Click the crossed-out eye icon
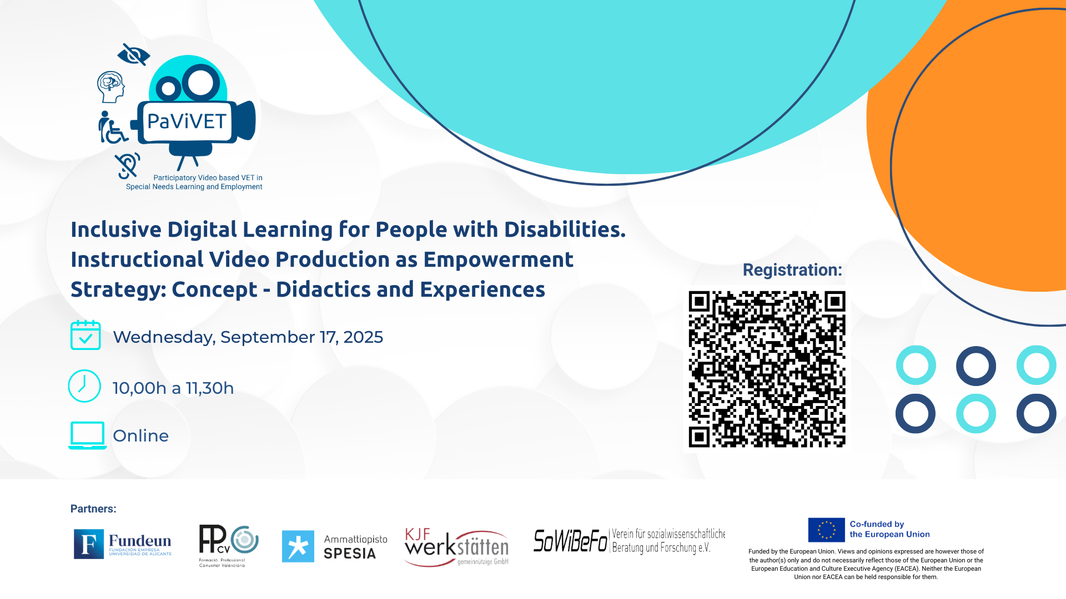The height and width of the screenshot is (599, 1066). click(134, 54)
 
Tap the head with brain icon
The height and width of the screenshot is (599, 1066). click(111, 87)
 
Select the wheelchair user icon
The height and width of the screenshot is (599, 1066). click(113, 127)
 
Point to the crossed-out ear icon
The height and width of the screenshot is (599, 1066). click(128, 165)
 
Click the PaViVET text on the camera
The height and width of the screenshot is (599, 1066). click(187, 121)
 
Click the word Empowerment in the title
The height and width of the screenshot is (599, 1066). click(499, 260)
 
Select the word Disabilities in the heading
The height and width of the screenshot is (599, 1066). click(565, 229)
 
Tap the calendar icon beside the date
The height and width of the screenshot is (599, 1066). click(86, 335)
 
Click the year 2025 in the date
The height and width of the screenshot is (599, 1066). click(363, 337)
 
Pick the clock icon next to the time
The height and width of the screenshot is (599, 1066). click(84, 386)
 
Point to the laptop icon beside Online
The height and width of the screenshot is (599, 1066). click(88, 435)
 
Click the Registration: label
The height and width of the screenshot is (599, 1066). click(792, 270)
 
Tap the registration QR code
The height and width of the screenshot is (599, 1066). click(767, 369)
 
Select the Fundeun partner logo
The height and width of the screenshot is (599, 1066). click(123, 544)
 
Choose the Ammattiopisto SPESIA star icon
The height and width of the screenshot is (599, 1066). click(298, 546)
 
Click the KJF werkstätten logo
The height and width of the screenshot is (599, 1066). click(456, 547)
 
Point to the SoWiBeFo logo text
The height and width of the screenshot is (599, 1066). click(570, 541)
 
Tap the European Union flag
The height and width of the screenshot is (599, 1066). click(826, 530)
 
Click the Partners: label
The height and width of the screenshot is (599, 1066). click(93, 509)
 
